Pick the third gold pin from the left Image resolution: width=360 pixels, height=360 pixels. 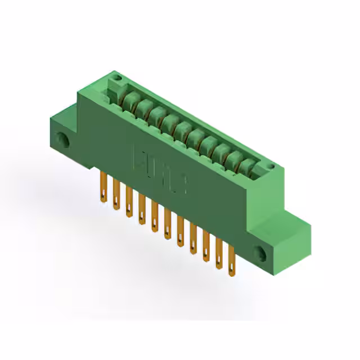click(129, 202)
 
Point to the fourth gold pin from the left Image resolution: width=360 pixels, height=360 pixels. click(142, 209)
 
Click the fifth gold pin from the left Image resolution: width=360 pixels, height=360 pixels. click(155, 217)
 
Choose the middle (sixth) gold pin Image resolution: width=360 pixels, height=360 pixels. click(168, 224)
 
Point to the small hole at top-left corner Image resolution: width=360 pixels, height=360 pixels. click(116, 78)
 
